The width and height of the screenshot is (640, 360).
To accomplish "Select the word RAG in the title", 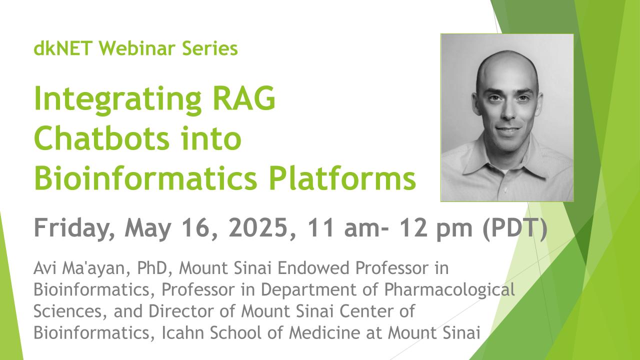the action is [x=244, y=98].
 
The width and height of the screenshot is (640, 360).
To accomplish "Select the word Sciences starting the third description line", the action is [x=67, y=311].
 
